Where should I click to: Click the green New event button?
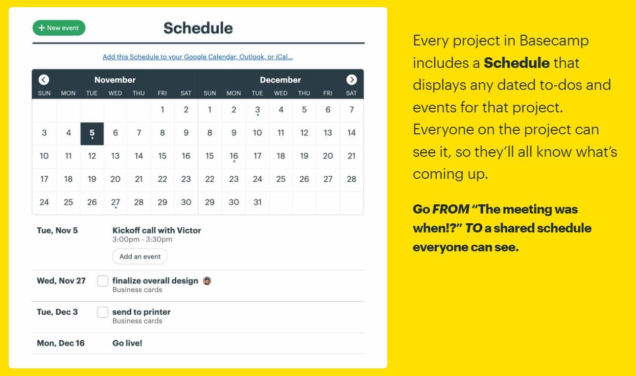[x=59, y=28]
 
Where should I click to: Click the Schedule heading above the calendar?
[x=198, y=28]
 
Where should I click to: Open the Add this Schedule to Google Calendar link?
[x=198, y=57]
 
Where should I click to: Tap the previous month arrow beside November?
[x=44, y=80]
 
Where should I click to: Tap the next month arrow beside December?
[x=351, y=80]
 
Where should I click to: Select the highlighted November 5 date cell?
[x=92, y=133]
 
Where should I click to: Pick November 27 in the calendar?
[x=115, y=202]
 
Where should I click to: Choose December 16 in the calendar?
[x=233, y=156]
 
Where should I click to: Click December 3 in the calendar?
[x=257, y=110]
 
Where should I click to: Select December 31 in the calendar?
[x=257, y=202]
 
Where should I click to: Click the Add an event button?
[x=140, y=256]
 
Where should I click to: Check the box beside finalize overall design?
[x=103, y=281]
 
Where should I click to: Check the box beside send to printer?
[x=103, y=312]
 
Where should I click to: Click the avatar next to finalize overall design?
[x=207, y=280]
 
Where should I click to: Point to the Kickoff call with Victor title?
[x=156, y=230]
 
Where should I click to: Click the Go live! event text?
[x=127, y=343]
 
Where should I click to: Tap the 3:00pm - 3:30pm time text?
[x=142, y=240]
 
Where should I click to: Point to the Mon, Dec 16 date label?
[x=61, y=343]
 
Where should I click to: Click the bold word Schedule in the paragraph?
[x=516, y=63]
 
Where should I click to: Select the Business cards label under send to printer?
[x=137, y=321]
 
